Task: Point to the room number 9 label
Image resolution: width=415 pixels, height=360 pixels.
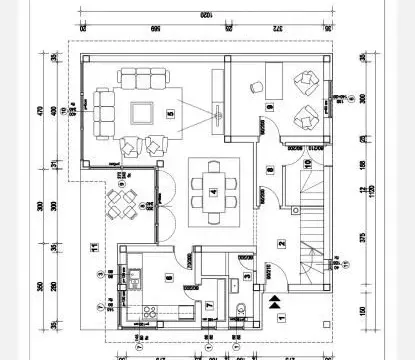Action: [x=269, y=106]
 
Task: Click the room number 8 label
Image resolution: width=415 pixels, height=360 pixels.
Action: [x=270, y=169]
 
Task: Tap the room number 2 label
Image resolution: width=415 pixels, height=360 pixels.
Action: [x=282, y=243]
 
